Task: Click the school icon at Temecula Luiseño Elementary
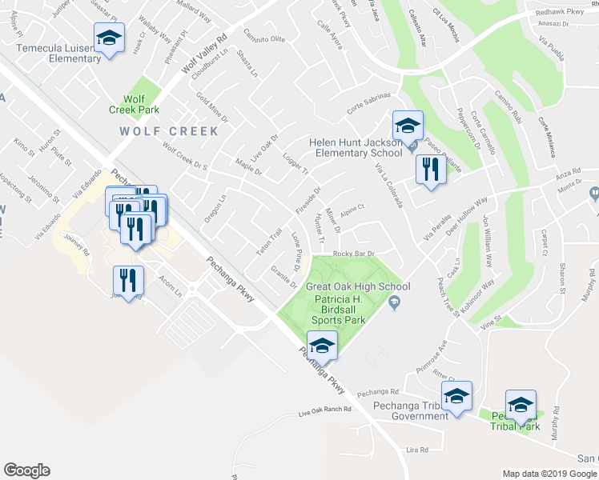tap(110, 38)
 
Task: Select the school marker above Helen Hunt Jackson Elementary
tap(408, 126)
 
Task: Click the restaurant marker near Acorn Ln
tap(128, 280)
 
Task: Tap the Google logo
tap(26, 470)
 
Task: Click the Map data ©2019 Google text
tap(549, 474)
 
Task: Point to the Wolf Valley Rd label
tap(205, 54)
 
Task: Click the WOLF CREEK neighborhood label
tap(169, 131)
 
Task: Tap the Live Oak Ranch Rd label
tap(324, 410)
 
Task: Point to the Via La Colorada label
tap(389, 185)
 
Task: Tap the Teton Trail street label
tap(270, 238)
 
